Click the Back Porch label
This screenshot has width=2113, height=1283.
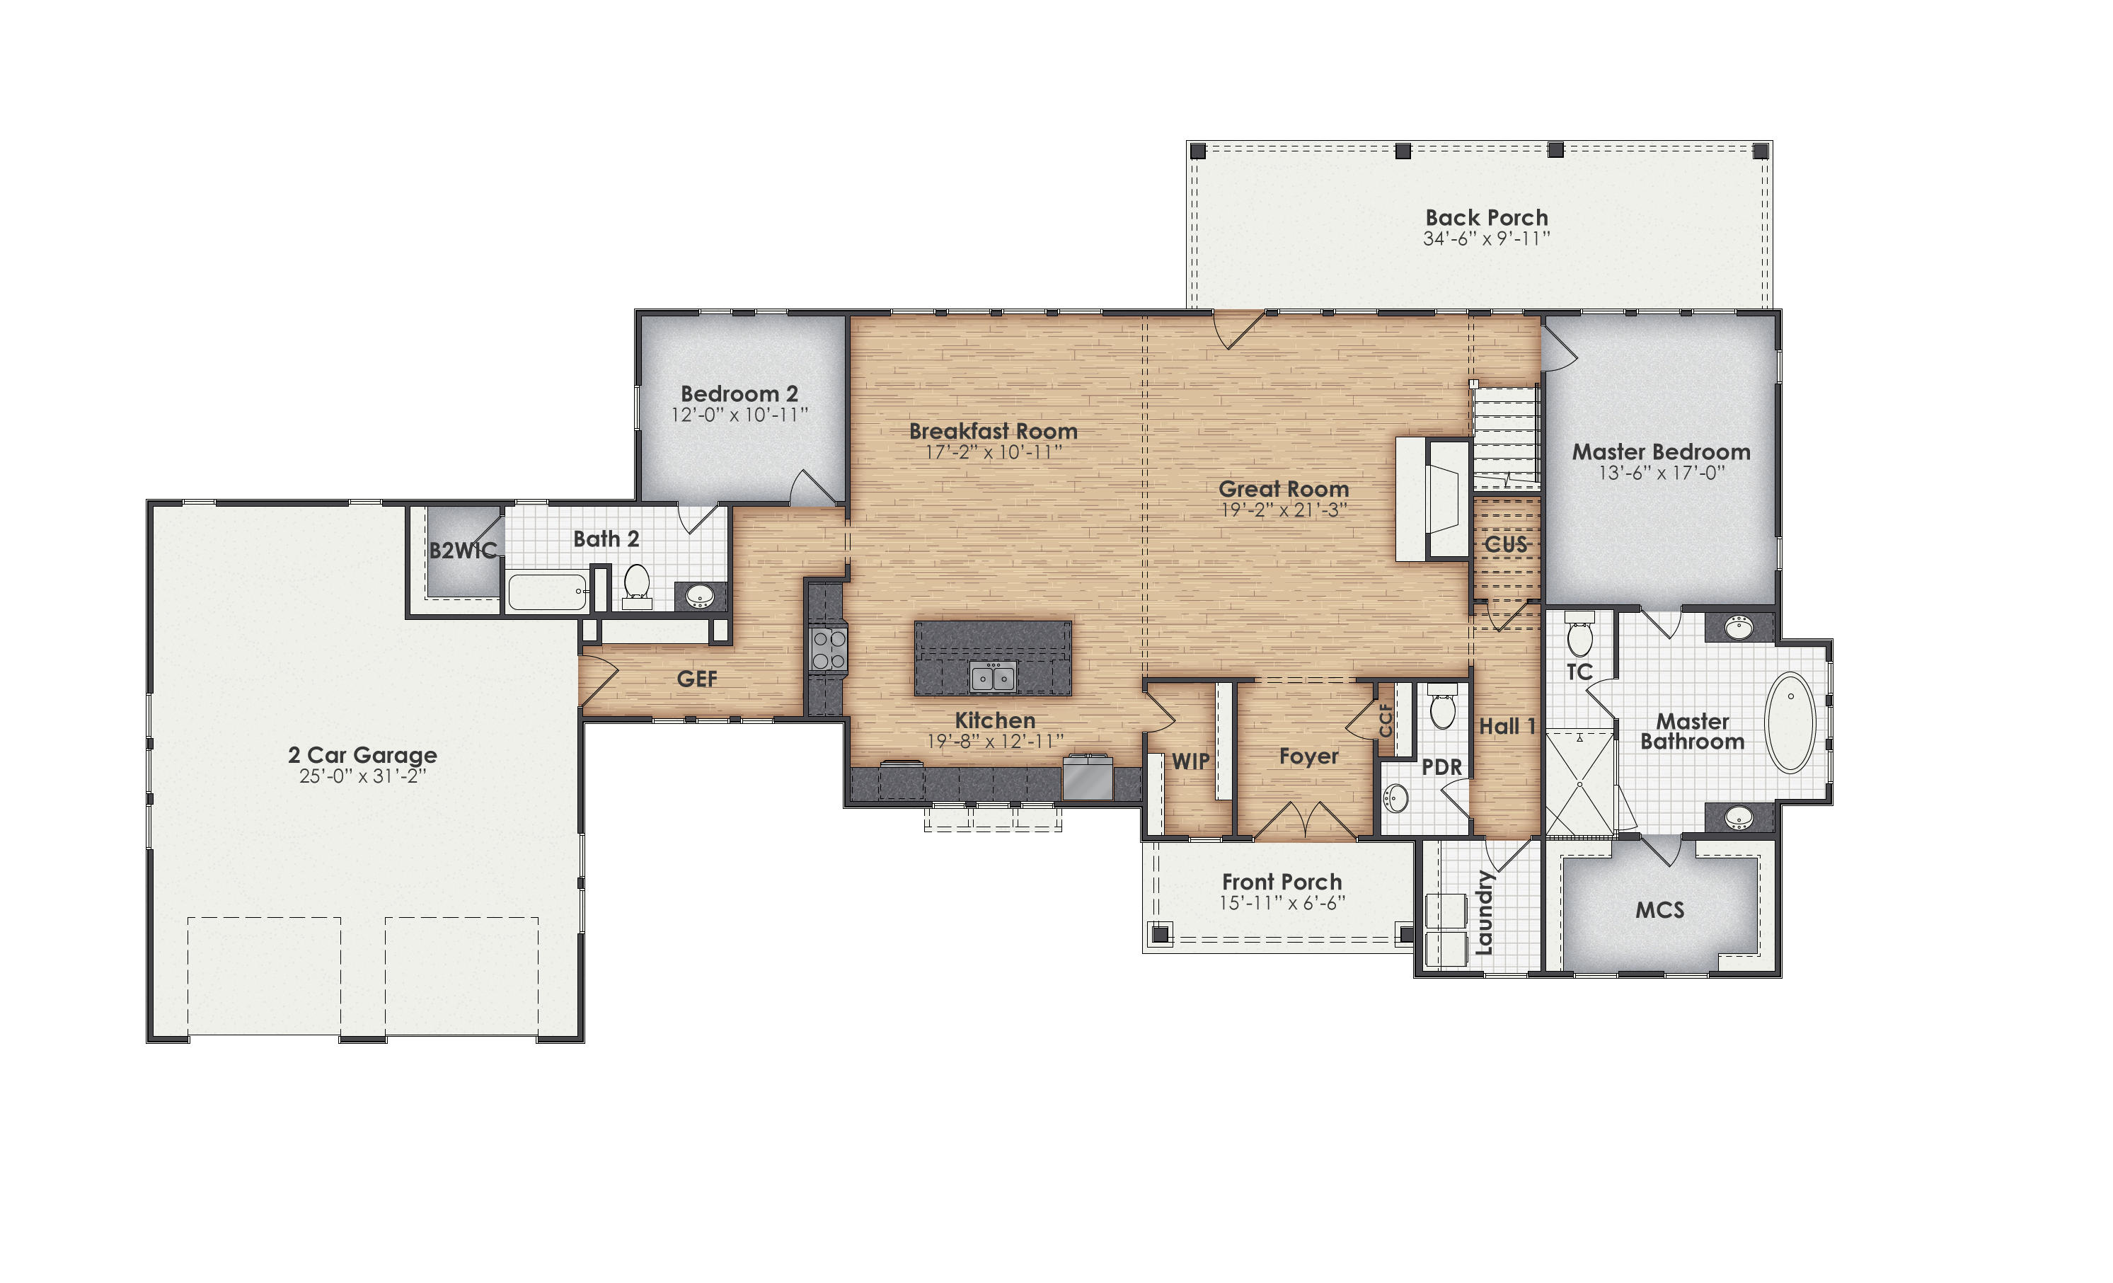pos(1486,218)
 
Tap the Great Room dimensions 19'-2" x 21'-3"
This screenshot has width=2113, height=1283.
pos(1284,510)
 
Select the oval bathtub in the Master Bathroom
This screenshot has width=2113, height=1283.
pos(1790,723)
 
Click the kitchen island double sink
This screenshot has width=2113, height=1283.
pos(993,677)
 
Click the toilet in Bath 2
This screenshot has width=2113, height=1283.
pos(636,583)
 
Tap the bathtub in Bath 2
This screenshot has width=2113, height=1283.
pos(547,592)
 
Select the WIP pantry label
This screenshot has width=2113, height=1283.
pos(1190,761)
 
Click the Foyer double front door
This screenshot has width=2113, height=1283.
pos(1304,822)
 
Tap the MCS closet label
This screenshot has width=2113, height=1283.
pos(1659,910)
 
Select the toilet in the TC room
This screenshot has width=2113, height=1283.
pos(1579,636)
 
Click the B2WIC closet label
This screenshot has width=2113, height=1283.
pos(463,551)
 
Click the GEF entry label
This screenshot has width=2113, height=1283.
pos(696,679)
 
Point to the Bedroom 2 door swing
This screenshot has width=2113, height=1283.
pos(810,487)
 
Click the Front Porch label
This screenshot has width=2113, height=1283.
pos(1282,882)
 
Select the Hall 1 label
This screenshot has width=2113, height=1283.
pos(1507,726)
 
